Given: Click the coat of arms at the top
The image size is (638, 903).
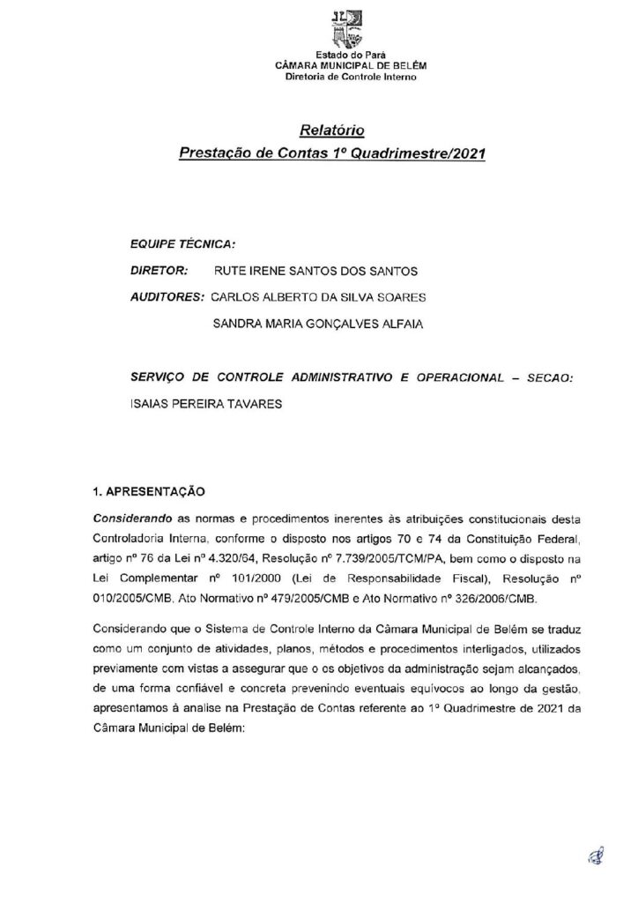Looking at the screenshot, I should click(x=345, y=28).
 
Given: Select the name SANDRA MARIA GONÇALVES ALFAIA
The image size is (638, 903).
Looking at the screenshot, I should click(x=318, y=324).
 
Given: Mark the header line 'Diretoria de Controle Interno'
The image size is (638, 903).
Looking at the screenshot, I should click(x=345, y=75).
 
